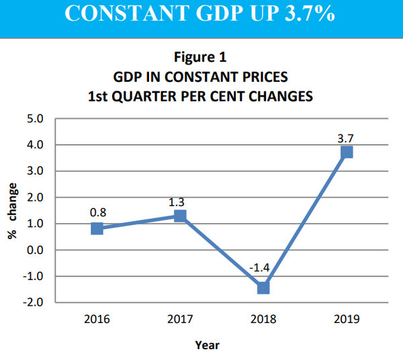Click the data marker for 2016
[97, 228]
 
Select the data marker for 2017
[180, 216]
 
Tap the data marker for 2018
[263, 287]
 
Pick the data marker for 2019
[347, 152]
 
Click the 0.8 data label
[97, 212]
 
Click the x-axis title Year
[206, 345]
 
